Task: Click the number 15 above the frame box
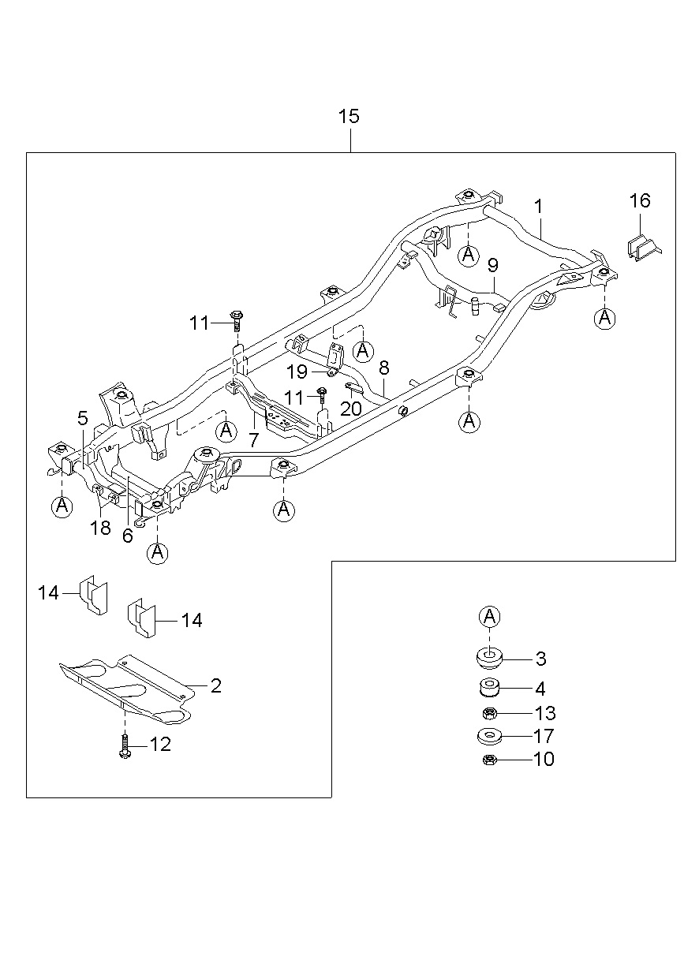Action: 349,116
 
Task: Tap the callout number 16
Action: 640,200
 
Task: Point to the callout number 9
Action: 493,266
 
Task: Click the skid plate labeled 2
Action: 127,689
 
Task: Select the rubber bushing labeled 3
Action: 489,659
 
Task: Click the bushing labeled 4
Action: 489,688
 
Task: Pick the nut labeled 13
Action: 489,713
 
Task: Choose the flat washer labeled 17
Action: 489,736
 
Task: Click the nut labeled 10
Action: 489,760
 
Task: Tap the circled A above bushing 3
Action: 489,616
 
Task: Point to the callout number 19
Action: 297,372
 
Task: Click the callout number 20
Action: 351,409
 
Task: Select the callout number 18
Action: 100,528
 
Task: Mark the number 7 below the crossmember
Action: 254,439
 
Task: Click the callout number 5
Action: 83,418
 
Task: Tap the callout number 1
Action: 539,207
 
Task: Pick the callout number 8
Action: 384,368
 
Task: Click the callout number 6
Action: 128,536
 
